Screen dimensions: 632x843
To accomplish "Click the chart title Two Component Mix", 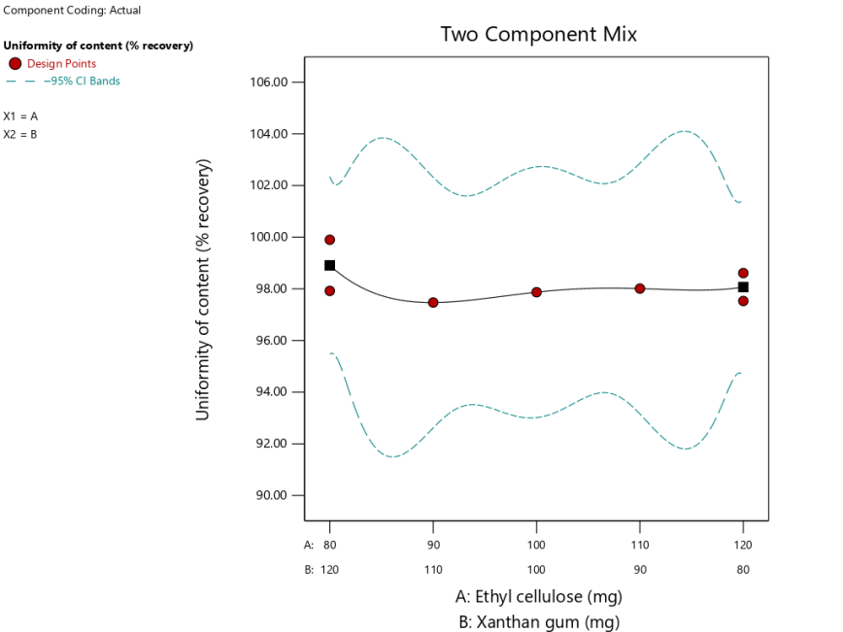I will click(x=538, y=34).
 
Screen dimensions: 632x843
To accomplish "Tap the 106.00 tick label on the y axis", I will click(x=269, y=83).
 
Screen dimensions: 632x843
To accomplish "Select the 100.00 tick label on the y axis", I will click(x=269, y=237).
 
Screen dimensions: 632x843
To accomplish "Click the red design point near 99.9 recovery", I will click(x=330, y=240).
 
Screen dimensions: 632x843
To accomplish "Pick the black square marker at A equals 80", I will click(x=330, y=265).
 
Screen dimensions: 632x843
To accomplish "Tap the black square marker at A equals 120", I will click(x=743, y=287).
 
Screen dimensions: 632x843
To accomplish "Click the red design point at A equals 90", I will click(x=433, y=303).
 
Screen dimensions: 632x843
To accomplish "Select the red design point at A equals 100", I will click(x=536, y=292).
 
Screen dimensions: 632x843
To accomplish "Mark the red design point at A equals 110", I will click(x=640, y=288).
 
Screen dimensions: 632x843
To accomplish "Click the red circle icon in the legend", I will click(x=15, y=64).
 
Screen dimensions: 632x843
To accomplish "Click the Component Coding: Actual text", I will click(x=73, y=11).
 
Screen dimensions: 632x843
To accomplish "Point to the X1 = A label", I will click(x=20, y=116).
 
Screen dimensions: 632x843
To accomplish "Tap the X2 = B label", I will click(x=20, y=134).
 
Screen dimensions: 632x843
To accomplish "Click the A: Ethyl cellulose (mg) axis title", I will click(x=538, y=596).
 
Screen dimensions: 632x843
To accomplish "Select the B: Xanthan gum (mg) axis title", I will click(x=538, y=622).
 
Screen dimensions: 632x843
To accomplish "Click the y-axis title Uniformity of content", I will click(x=203, y=289).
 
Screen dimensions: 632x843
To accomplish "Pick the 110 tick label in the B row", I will click(x=433, y=570).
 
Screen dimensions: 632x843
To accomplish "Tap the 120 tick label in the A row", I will click(x=743, y=545).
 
